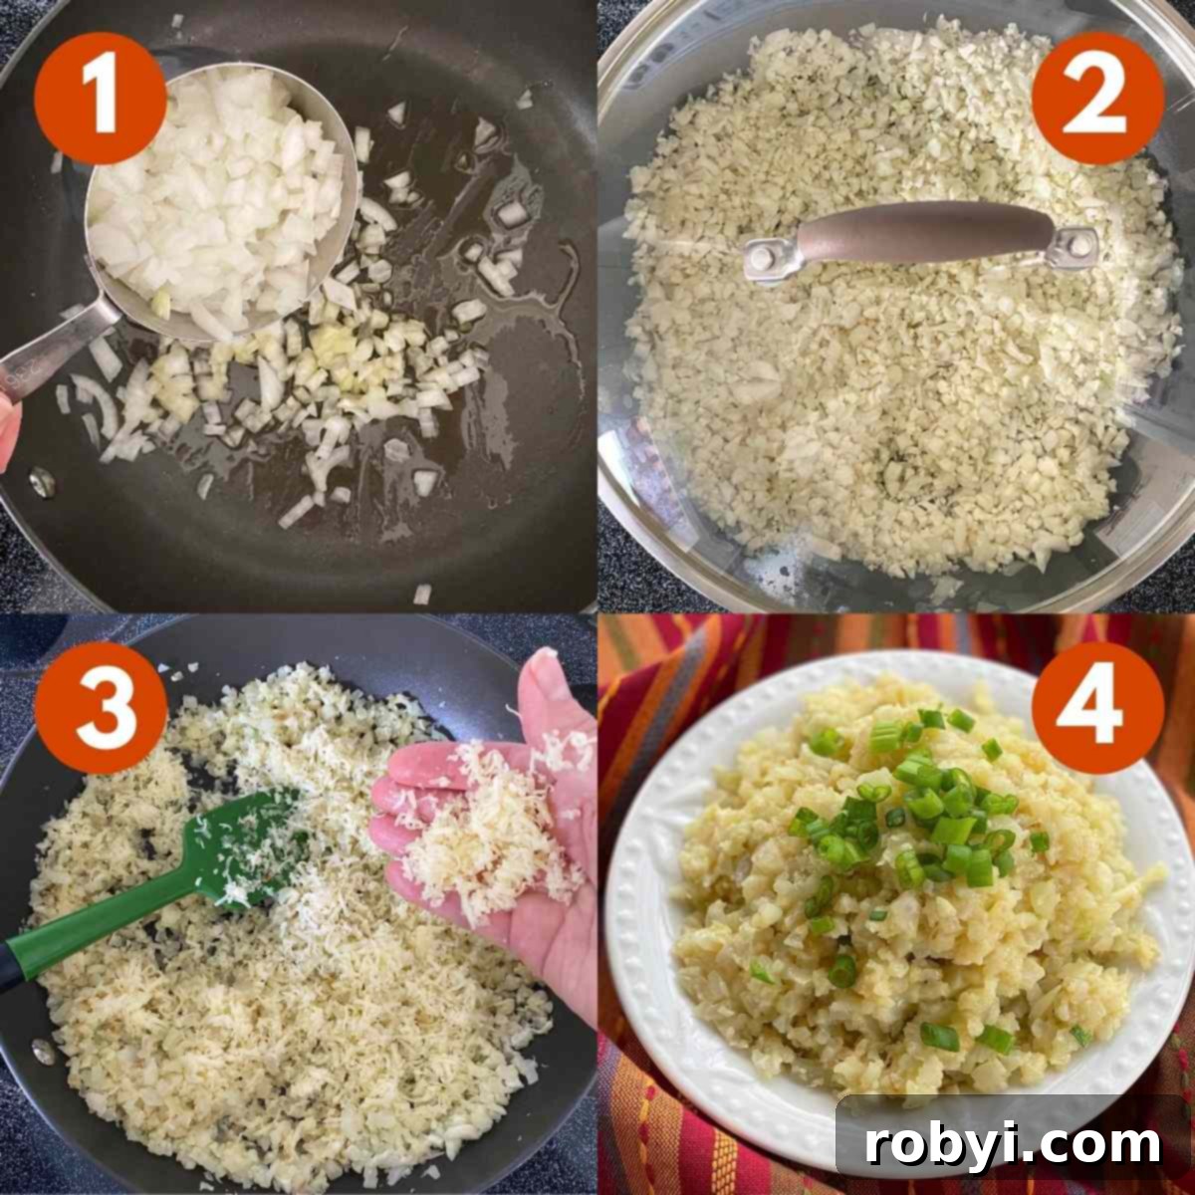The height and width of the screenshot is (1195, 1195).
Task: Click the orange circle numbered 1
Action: [100, 100]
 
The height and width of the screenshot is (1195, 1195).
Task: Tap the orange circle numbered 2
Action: [1096, 100]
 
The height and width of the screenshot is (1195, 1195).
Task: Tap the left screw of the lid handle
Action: [763, 258]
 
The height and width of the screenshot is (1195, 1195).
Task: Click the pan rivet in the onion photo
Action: [42, 482]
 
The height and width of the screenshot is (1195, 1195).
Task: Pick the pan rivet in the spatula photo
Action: [42, 1052]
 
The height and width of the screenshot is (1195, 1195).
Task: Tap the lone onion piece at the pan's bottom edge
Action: [422, 595]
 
